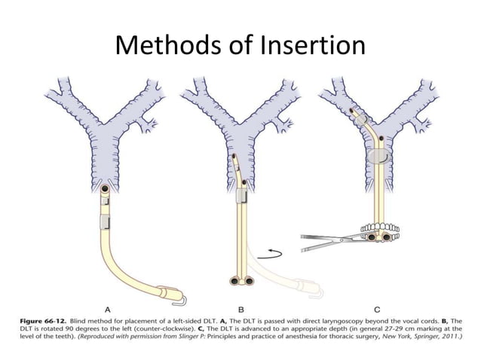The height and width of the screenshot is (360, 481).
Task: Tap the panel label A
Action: click(108, 310)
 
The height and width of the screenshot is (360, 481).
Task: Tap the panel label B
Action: click(241, 310)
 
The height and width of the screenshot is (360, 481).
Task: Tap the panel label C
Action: click(377, 310)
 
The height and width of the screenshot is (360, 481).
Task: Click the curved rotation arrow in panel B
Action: click(270, 255)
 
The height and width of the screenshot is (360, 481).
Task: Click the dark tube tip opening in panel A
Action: click(105, 188)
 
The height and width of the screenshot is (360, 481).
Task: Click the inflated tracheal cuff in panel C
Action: click(379, 157)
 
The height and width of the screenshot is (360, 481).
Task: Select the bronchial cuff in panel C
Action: click(363, 119)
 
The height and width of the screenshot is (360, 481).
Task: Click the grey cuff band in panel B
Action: click(242, 195)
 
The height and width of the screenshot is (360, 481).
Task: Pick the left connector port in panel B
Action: click(235, 281)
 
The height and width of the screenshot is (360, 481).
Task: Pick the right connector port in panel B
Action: click(249, 281)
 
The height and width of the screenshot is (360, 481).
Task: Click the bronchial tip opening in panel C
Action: click(352, 111)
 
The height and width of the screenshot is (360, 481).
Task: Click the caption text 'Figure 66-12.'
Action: click(43, 322)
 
